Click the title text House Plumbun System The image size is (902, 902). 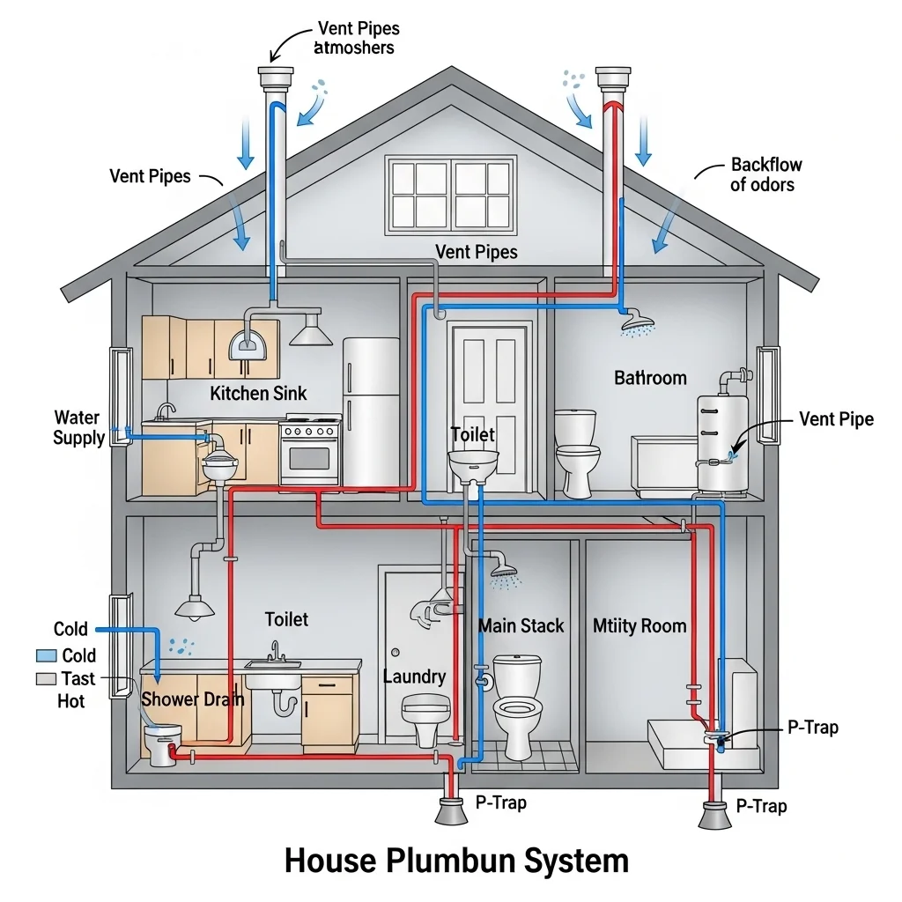pyautogui.click(x=456, y=861)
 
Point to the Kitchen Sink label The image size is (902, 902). pyautogui.click(x=259, y=393)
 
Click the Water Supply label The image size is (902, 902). pyautogui.click(x=78, y=427)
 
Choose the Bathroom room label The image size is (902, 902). pyautogui.click(x=650, y=378)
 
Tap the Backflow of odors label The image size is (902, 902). pyautogui.click(x=762, y=174)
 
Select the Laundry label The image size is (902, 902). pyautogui.click(x=415, y=676)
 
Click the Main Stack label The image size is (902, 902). pyautogui.click(x=521, y=626)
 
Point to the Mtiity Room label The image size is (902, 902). pyautogui.click(x=639, y=626)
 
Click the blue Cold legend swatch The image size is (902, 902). pyautogui.click(x=46, y=655)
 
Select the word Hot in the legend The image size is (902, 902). pyautogui.click(x=71, y=701)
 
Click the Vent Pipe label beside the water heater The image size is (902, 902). pyautogui.click(x=836, y=418)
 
